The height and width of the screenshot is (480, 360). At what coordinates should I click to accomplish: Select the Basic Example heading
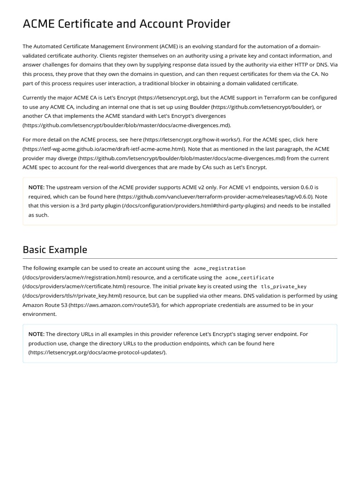[55, 249]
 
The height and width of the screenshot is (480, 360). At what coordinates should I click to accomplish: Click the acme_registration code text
[219, 268]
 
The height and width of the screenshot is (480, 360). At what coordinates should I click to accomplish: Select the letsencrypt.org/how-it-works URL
[191, 140]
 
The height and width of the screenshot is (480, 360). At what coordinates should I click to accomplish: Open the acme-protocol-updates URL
[97, 352]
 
